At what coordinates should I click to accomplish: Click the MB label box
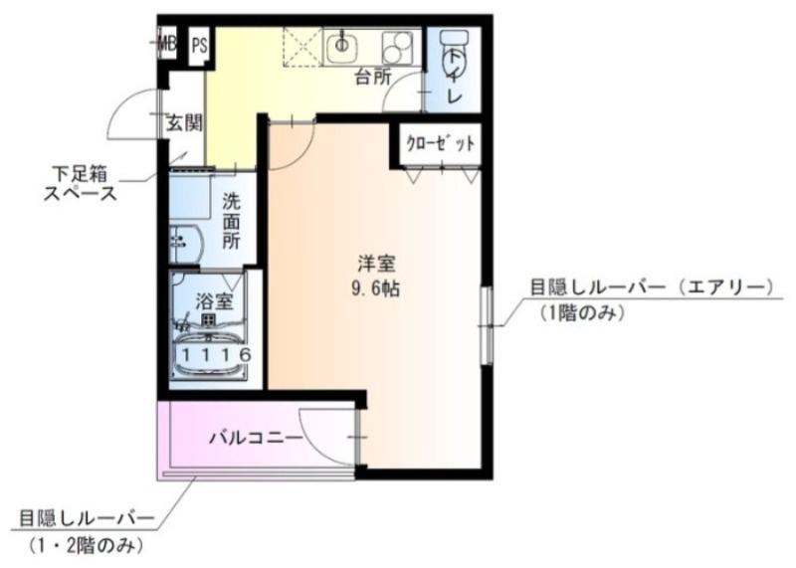(x=167, y=43)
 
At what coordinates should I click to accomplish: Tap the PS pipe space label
(x=200, y=44)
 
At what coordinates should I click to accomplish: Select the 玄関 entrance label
(x=184, y=123)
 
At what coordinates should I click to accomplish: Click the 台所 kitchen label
(x=373, y=77)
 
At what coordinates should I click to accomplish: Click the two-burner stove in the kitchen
(x=398, y=45)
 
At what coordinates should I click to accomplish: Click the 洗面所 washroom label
(x=232, y=220)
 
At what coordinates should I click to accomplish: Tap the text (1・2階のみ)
(x=88, y=544)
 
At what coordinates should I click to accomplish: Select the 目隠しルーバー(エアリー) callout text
(x=651, y=288)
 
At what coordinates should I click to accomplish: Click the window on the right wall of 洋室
(x=487, y=321)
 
